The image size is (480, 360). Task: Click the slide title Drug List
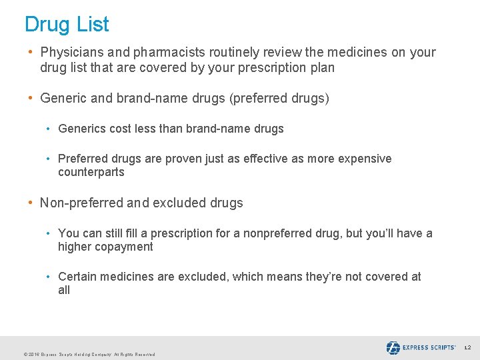pos(67,25)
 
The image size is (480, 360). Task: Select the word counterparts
pos(91,172)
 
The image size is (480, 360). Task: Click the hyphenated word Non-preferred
pos(85,203)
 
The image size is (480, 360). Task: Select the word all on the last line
pos(64,290)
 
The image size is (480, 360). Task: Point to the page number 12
pos(467,348)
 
